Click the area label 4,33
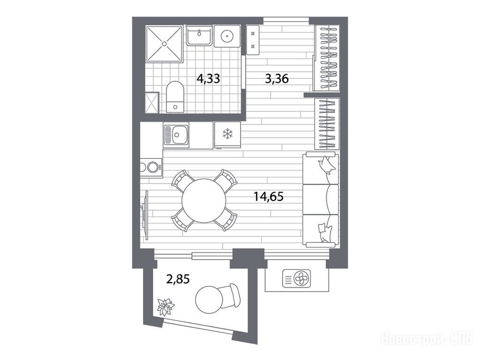pos(208,79)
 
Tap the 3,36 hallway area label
pos(277,79)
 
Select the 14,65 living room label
pos(269,196)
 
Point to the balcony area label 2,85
pos(178,279)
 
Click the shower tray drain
pos(165,44)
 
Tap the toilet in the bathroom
pos(175,97)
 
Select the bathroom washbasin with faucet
pos(199,36)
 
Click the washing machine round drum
pos(227,37)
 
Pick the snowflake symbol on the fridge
pos(227,134)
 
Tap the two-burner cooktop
pos(151,167)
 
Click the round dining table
pos(204,201)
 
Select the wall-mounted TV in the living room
pos(145,215)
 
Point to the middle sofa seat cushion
pos(321,199)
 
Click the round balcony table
pos(209,300)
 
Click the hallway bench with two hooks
pos(253,40)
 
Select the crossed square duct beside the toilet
pos(152,103)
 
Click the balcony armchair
pos(230,296)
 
